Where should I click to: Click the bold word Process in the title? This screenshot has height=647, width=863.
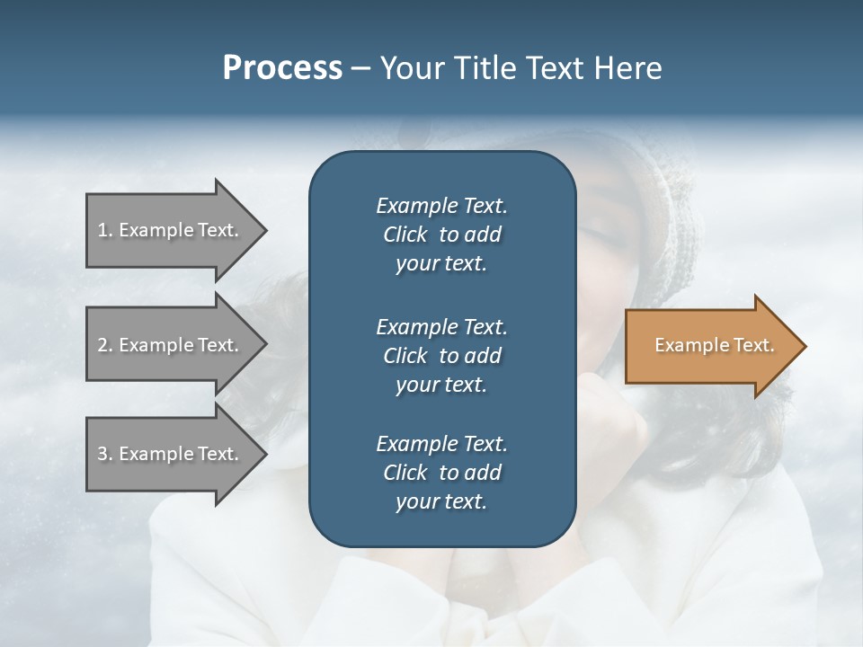click(x=282, y=68)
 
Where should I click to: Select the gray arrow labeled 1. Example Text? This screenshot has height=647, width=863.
click(x=171, y=230)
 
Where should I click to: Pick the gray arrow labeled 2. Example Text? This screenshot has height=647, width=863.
click(x=171, y=345)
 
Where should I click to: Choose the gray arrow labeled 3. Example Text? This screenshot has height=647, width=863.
click(x=171, y=454)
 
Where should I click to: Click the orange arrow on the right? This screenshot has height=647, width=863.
click(x=710, y=346)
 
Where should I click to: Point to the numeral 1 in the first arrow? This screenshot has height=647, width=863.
click(x=102, y=230)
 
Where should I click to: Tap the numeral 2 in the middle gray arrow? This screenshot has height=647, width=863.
click(x=102, y=345)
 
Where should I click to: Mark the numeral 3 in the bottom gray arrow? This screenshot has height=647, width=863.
click(x=102, y=454)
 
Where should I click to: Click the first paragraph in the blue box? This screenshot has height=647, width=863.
click(x=441, y=235)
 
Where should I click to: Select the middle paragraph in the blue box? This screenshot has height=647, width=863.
click(x=441, y=355)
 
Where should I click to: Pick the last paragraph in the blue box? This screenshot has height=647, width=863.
click(x=441, y=473)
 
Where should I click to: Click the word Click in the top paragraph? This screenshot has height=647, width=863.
click(x=405, y=235)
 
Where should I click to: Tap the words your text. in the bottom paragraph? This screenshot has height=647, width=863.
click(x=441, y=501)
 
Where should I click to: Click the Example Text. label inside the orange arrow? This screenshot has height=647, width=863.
click(x=714, y=345)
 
